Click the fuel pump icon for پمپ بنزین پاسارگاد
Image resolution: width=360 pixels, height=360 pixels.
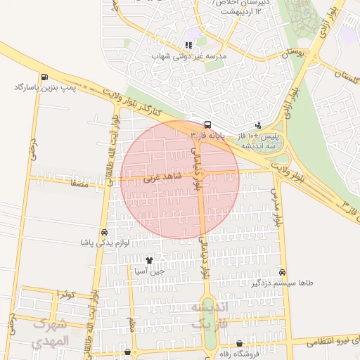(x=45, y=77)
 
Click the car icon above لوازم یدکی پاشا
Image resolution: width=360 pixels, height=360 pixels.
(x=105, y=232)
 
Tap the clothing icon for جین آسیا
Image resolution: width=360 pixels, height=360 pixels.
(x=149, y=260)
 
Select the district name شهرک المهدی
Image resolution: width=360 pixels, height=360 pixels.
(x=51, y=332)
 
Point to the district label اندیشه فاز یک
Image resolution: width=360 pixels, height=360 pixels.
(x=210, y=316)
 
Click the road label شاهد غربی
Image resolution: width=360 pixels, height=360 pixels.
(x=162, y=178)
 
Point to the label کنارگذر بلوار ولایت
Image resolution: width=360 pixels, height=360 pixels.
(x=134, y=103)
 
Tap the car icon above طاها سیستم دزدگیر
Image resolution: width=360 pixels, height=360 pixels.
(x=282, y=272)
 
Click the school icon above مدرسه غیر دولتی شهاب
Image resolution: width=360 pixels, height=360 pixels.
(x=188, y=45)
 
